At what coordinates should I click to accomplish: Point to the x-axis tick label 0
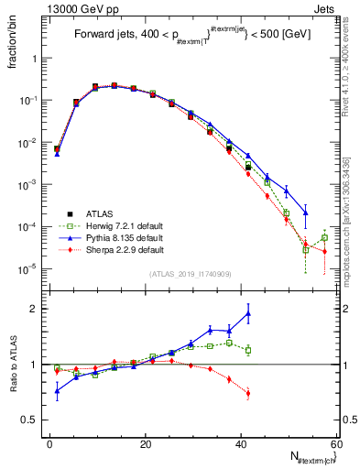point(50,443)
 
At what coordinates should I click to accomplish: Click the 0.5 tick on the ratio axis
point(35,420)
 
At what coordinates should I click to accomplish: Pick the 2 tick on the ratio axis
point(38,309)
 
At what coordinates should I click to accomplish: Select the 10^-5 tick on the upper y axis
point(31,268)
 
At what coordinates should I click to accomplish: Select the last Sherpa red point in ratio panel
point(248,394)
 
